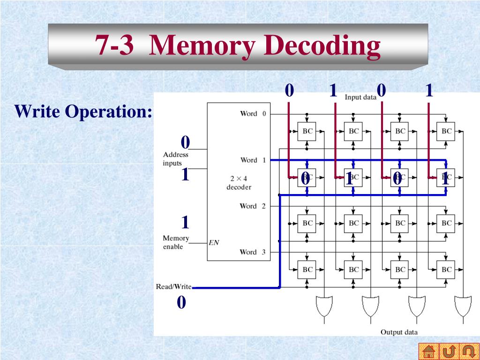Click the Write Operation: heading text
coord(83,112)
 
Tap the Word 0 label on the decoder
coord(253,113)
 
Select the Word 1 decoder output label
coord(253,160)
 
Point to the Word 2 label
coord(253,206)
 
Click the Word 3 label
coord(253,252)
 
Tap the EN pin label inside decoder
coord(214,243)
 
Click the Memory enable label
coord(176,242)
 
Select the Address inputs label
coord(175,159)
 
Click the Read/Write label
coord(173,286)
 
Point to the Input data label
coord(360,97)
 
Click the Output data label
coord(398,332)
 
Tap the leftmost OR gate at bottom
coord(323,306)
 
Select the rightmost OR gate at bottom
coord(462,306)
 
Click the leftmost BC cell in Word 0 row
coord(307,131)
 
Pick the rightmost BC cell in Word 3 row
coord(446,270)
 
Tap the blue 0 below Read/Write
coord(181,303)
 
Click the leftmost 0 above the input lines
coord(289,90)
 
